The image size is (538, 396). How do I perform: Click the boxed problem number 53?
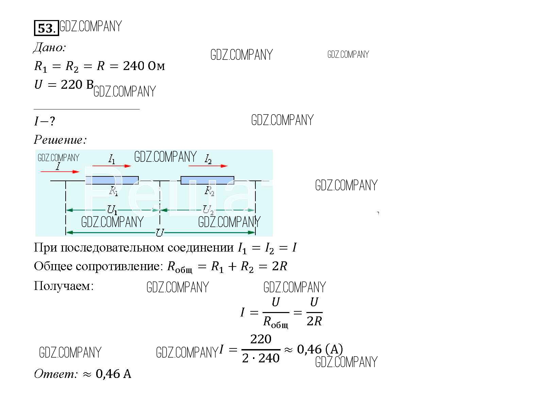(46, 28)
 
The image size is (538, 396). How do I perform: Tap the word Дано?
(49, 48)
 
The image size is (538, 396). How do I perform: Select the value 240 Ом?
(144, 66)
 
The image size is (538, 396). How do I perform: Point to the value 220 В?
(77, 85)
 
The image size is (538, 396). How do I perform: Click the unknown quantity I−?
(45, 121)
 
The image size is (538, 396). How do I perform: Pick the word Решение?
(60, 140)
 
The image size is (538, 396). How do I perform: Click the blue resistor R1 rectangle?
(112, 180)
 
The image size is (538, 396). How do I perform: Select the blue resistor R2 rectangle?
(207, 180)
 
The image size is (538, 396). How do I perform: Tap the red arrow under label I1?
(112, 166)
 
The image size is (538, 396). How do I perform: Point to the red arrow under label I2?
(208, 166)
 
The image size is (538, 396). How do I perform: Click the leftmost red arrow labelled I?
(60, 172)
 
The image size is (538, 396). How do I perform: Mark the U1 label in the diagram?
(112, 210)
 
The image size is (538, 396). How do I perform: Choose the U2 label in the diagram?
(208, 210)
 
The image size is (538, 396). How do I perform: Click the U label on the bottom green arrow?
(159, 233)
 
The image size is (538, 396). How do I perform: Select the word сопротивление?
(119, 266)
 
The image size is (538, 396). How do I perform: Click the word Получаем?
(63, 286)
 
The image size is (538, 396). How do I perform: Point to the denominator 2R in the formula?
(314, 321)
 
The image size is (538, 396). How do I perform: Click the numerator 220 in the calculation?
(260, 339)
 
